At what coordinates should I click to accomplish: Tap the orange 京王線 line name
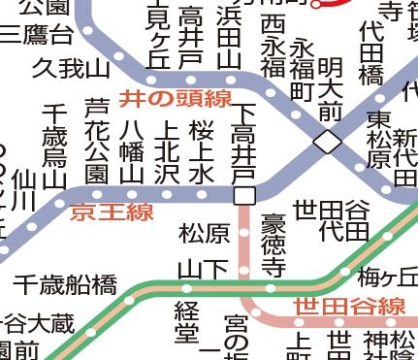point(112,213)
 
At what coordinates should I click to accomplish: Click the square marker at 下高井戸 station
point(244,195)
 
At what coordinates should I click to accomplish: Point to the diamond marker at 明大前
point(328,143)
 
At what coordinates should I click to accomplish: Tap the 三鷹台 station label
point(36,36)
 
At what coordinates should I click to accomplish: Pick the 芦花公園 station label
point(95,141)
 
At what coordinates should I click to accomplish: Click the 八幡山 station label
point(132,150)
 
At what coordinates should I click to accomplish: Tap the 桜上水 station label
point(201,150)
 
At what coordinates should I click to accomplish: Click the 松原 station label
point(204,233)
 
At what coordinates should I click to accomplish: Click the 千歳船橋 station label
point(65,284)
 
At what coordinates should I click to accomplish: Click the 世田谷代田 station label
point(331,220)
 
